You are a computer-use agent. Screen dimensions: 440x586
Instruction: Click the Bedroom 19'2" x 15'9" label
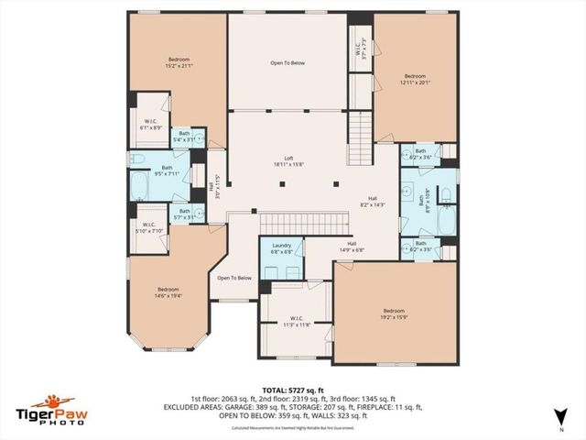pos(393,313)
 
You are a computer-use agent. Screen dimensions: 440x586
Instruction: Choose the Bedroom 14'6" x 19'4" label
pos(171,291)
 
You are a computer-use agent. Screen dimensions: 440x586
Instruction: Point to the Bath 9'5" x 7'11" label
pos(168,170)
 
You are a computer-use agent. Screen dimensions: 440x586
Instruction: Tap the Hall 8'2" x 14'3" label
pos(373,201)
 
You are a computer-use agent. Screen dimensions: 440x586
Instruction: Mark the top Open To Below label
pos(288,63)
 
